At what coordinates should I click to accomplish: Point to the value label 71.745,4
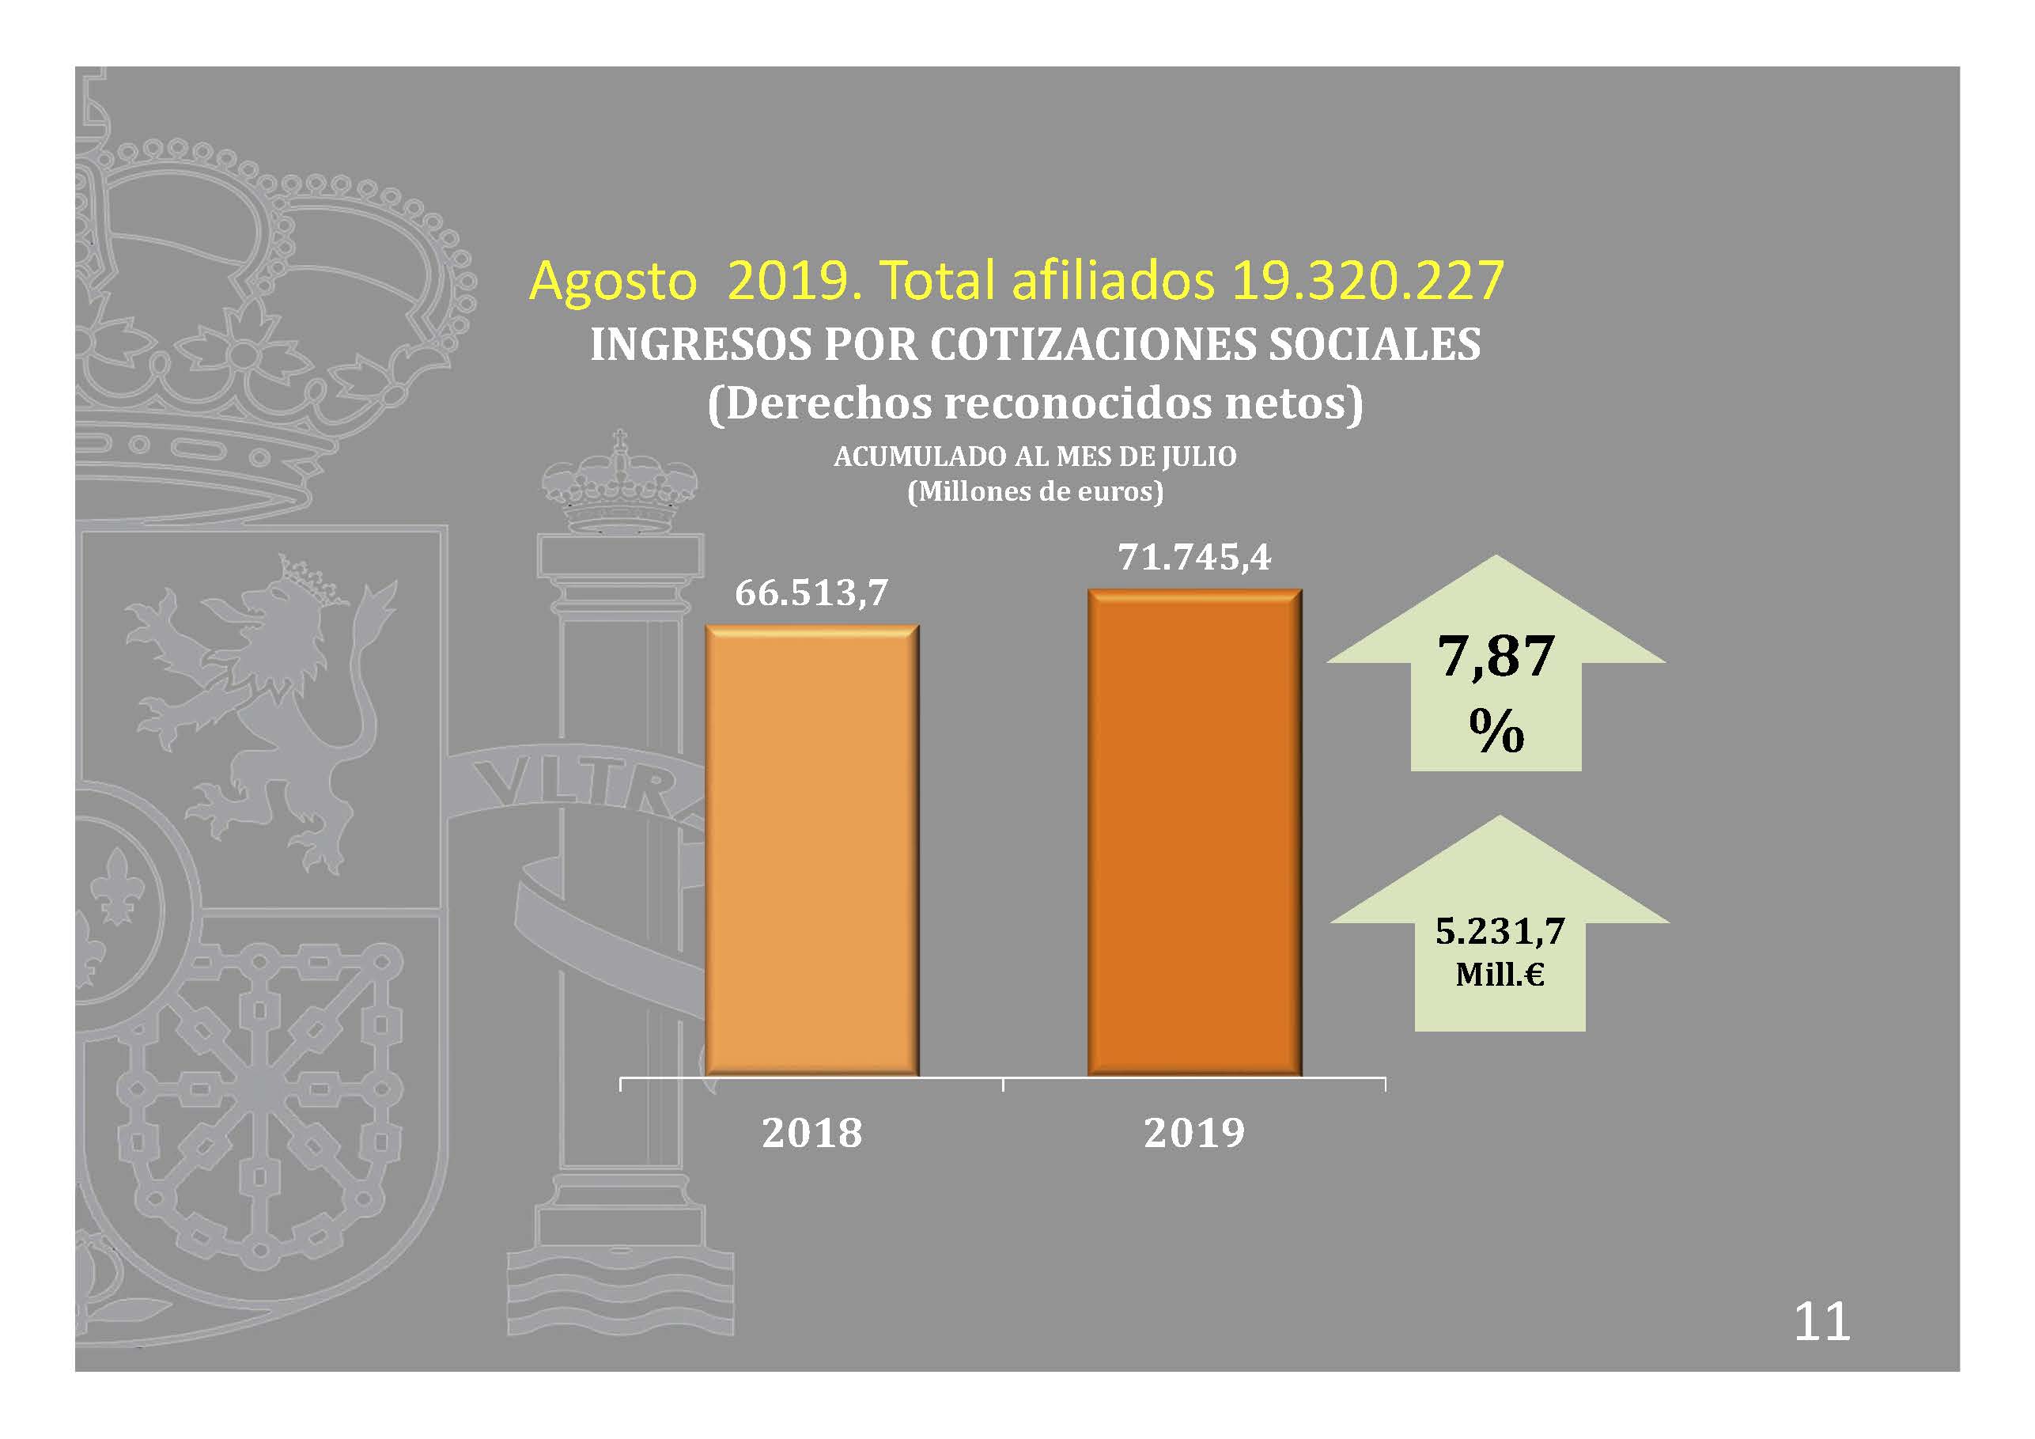(1194, 558)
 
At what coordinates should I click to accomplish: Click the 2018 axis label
(812, 1133)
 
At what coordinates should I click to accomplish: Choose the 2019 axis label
(1194, 1133)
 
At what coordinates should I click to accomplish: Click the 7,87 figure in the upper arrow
(1496, 657)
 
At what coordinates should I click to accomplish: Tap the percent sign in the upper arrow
(1496, 732)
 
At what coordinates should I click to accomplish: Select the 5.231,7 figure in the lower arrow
(1500, 931)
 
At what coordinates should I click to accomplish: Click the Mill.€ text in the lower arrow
(1500, 975)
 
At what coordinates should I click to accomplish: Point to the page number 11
(1821, 1322)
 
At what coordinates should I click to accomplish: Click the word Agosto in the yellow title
(613, 281)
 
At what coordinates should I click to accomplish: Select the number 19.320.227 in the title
(1367, 281)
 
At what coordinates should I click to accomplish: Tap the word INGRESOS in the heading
(700, 344)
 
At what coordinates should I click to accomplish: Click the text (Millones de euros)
(1035, 491)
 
